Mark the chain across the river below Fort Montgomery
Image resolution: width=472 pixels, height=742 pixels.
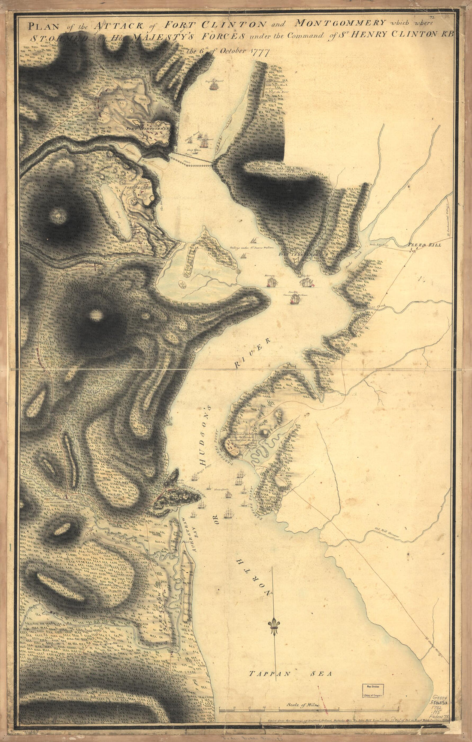[x=191, y=159]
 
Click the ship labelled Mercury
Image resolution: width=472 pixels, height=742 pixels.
[x=272, y=281]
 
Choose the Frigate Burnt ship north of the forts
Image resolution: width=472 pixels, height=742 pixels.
[x=213, y=84]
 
